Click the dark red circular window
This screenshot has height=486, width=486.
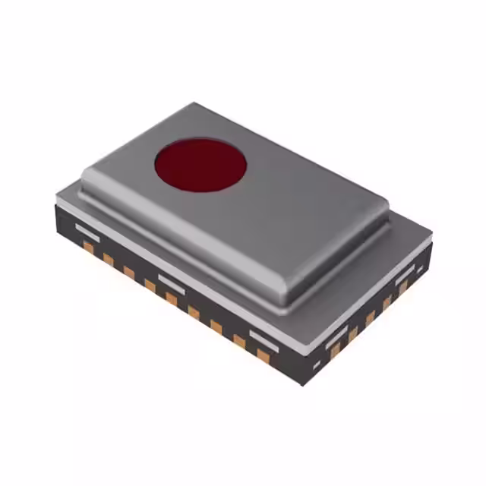[x=200, y=164]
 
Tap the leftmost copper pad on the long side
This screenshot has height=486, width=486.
[x=89, y=247]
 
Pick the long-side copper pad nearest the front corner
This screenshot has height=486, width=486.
[x=263, y=354]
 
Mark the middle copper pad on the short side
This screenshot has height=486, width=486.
[x=371, y=316]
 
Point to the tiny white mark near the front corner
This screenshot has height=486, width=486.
[x=317, y=366]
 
